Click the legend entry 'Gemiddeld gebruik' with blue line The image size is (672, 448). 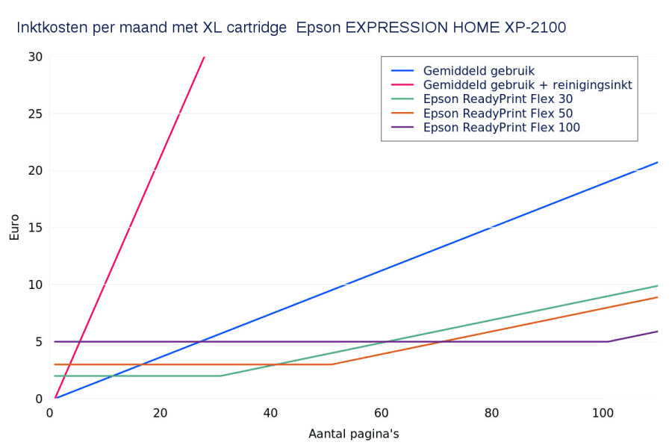tap(479, 71)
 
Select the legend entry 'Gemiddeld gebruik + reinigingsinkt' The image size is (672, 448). tap(527, 85)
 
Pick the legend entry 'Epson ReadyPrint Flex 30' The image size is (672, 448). tap(498, 99)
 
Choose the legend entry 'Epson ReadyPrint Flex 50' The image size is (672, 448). tap(498, 113)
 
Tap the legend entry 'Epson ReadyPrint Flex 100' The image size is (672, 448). tap(501, 128)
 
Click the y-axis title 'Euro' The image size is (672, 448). tap(15, 228)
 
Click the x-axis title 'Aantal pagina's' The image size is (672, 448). tap(354, 434)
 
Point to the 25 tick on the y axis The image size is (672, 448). tap(35, 113)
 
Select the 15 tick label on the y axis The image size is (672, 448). tap(35, 228)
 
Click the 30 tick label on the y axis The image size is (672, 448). tap(35, 57)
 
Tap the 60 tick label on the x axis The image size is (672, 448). tap(381, 413)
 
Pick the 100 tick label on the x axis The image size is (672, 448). tap(602, 413)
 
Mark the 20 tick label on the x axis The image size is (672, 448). tap(160, 413)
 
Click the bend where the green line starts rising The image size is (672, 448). tap(221, 376)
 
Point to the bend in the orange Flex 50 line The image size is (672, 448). tap(332, 364)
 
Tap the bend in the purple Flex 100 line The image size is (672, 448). tap(608, 341)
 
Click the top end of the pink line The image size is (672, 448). tap(204, 57)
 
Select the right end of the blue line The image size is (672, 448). tap(657, 162)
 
